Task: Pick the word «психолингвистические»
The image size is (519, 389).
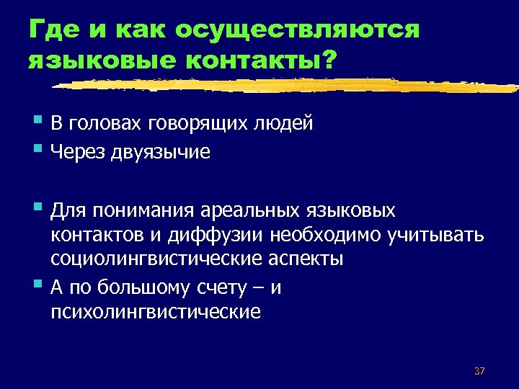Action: pos(156,313)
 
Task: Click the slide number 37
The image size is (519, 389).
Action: pos(479,371)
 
